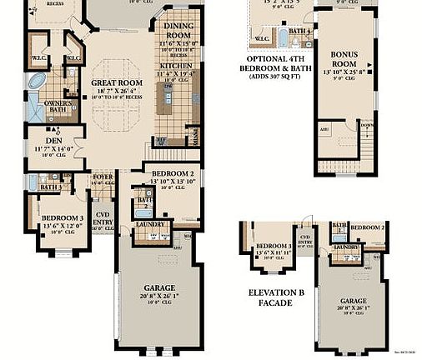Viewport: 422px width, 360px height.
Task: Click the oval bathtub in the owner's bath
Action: tap(37, 82)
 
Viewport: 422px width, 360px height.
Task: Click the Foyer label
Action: tap(103, 176)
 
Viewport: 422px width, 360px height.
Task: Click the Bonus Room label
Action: tap(343, 59)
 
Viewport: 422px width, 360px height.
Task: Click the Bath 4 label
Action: tap(301, 31)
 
